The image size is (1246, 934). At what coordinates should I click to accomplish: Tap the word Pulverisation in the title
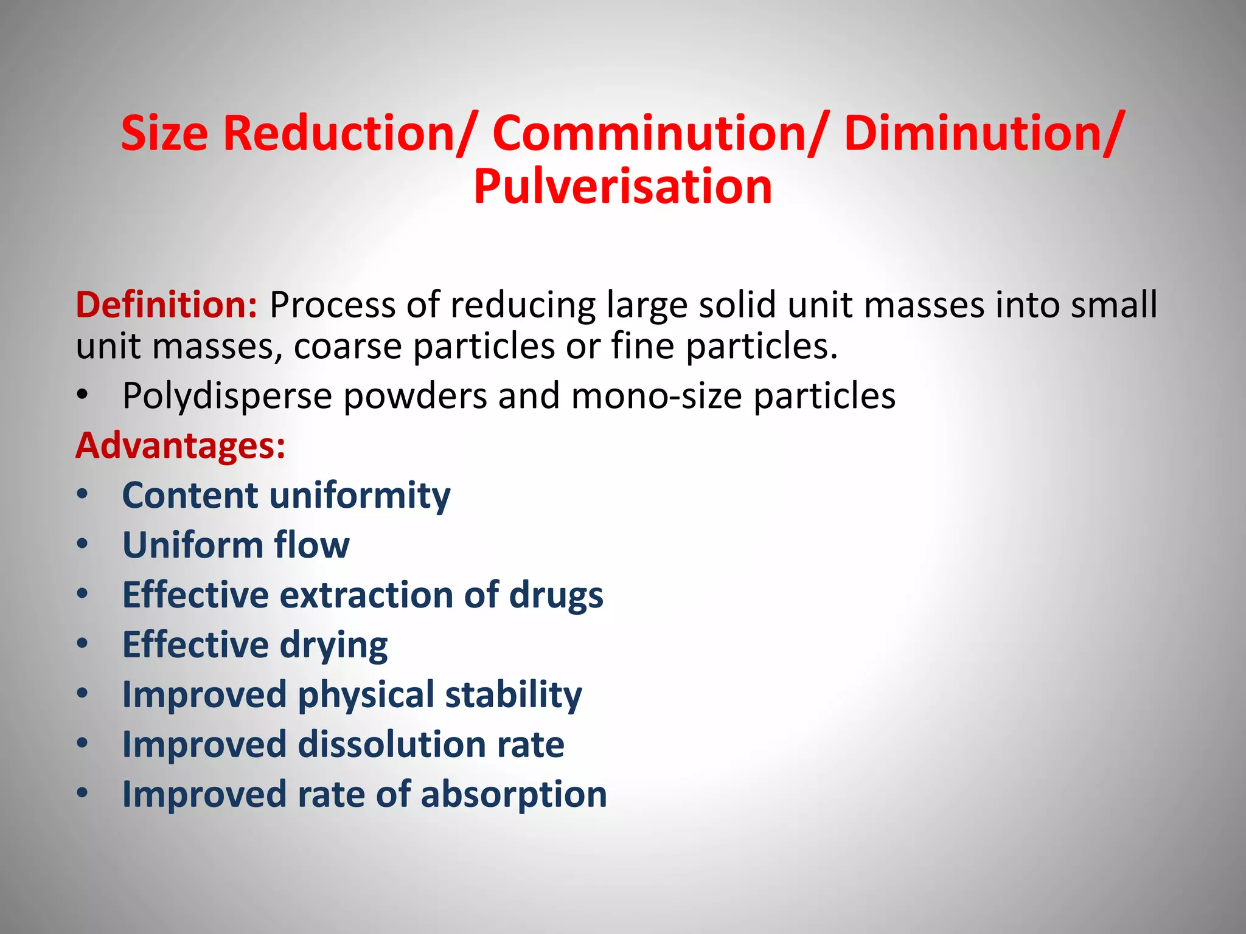click(622, 187)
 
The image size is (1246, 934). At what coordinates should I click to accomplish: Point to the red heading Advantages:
click(181, 446)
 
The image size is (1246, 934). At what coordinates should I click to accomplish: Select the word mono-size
click(656, 396)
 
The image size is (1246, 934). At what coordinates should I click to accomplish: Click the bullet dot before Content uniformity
click(83, 494)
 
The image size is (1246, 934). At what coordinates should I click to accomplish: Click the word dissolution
click(392, 744)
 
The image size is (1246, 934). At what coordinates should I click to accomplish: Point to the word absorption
click(513, 794)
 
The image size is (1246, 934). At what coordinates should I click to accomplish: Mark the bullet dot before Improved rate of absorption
click(83, 793)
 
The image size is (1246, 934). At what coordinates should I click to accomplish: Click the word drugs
click(556, 595)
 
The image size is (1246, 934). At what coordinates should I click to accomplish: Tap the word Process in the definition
click(332, 305)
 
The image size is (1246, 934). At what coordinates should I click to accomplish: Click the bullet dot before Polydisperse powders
click(83, 395)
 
